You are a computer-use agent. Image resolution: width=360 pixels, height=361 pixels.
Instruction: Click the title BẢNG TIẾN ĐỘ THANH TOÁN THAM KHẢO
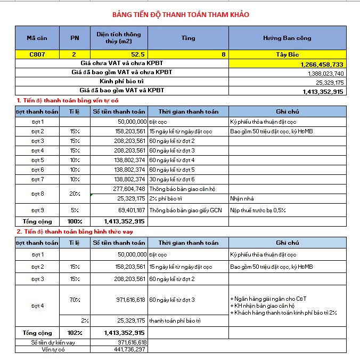pyautogui.click(x=181, y=14)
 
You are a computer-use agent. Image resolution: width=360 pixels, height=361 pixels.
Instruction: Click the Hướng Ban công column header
pyautogui.click(x=287, y=38)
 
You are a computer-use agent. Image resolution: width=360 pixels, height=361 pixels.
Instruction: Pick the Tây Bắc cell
pyautogui.click(x=287, y=54)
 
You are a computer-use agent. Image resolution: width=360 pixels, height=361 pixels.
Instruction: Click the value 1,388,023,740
pyautogui.click(x=325, y=73)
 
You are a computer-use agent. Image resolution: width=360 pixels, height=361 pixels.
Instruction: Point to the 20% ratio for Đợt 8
pyautogui.click(x=75, y=194)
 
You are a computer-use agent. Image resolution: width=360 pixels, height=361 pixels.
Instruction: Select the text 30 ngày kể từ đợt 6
pyautogui.click(x=171, y=179)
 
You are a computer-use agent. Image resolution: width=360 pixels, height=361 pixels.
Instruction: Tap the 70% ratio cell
pyautogui.click(x=75, y=300)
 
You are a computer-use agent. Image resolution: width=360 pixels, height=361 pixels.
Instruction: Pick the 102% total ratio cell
pyautogui.click(x=75, y=333)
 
